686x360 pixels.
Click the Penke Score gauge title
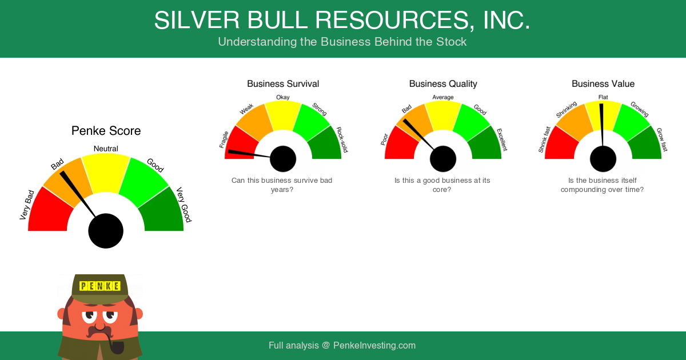coord(106,131)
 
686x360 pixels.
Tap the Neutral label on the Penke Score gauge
coord(106,149)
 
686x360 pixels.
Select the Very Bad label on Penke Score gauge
coord(27,205)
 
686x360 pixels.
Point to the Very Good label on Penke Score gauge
coord(184,205)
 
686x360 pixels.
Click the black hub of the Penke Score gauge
coord(106,231)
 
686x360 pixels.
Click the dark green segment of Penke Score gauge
coord(162,211)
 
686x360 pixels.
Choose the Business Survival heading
coord(283,83)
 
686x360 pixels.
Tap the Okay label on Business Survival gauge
coord(282,97)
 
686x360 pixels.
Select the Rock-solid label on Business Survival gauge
coord(342,139)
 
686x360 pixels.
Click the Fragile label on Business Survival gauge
coord(224,139)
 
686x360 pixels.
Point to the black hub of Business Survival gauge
coord(283,159)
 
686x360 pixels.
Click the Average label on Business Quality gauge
coord(443,97)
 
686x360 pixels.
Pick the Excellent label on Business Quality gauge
coord(502,139)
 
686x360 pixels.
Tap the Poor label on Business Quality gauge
coord(384,139)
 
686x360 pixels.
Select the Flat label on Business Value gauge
coord(603,97)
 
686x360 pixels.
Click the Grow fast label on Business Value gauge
coord(662,139)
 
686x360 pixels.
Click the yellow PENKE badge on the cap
coord(100,286)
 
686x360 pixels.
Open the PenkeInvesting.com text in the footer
coord(374,345)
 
